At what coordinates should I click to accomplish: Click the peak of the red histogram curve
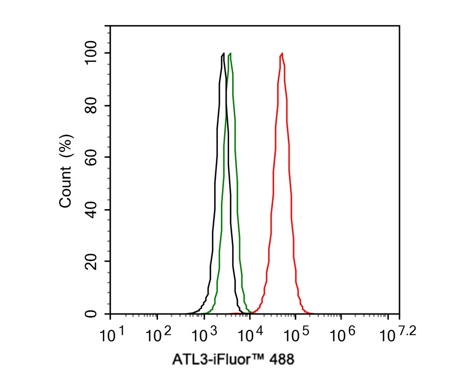[x=282, y=53]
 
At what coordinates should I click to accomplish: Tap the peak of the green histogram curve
[x=231, y=53]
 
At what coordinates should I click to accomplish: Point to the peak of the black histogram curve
[x=224, y=53]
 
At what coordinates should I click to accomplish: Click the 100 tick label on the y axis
[x=93, y=53]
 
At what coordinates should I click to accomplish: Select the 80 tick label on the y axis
[x=93, y=106]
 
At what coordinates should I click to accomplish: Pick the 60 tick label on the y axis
[x=93, y=157]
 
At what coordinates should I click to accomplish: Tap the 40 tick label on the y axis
[x=93, y=210]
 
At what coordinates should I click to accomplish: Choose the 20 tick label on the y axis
[x=93, y=261]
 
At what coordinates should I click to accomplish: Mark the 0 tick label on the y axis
[x=93, y=314]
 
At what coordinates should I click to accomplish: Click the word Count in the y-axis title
[x=66, y=190]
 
